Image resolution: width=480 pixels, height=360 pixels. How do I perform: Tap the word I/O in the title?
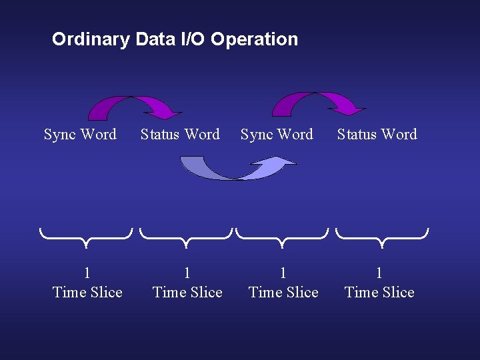click(191, 39)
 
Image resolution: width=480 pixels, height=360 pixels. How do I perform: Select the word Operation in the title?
click(254, 39)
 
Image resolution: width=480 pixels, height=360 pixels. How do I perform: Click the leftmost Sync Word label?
click(80, 135)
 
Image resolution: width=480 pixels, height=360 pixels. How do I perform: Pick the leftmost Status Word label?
click(180, 135)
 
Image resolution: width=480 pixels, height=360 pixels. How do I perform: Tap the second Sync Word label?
click(277, 135)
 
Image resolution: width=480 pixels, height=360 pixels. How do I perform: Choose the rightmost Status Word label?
click(377, 135)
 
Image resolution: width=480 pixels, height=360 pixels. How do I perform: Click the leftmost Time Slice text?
click(87, 293)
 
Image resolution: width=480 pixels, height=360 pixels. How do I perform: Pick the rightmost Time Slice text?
click(379, 293)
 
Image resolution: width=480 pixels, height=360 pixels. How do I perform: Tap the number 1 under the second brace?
click(187, 273)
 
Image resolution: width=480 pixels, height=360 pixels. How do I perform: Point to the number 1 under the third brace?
click(283, 273)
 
